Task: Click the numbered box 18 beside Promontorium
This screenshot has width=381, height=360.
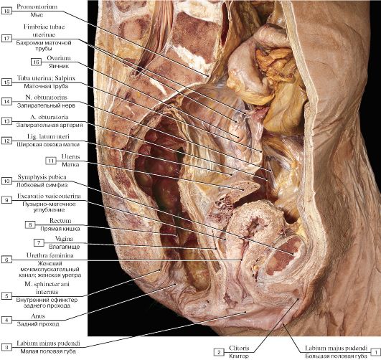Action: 6,11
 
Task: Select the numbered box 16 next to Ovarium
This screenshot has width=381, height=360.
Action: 36,62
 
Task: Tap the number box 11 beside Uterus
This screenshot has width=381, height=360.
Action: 51,161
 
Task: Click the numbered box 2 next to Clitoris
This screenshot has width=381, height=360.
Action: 219,352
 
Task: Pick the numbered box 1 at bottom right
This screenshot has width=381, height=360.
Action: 376,352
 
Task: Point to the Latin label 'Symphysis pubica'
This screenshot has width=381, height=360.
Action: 42,177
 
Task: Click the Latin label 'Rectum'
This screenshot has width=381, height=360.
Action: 60,221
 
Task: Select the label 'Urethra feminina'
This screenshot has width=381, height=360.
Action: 50,255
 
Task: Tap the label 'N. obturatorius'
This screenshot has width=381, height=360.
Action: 46,97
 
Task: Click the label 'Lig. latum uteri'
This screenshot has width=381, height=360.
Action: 48,136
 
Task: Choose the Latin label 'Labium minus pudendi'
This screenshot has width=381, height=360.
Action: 48,344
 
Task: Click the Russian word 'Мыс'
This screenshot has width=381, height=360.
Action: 37,15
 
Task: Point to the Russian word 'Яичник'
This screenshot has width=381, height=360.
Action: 59,66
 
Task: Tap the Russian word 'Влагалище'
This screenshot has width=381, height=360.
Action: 65,247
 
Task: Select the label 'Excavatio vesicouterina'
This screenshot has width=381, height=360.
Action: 49,196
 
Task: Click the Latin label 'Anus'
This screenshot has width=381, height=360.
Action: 38,316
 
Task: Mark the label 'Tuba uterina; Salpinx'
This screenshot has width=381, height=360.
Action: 46,78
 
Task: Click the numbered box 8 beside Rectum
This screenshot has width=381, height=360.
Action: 30,224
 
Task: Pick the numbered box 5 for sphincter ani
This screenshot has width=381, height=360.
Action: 6,296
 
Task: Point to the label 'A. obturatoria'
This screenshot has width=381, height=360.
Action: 50,117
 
